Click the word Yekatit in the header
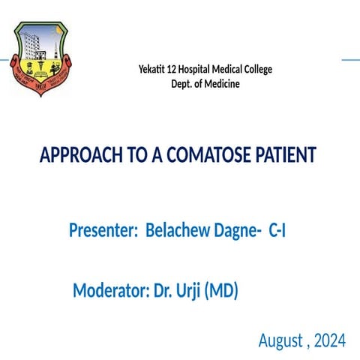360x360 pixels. (x=154, y=70)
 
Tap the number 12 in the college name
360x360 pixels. (x=178, y=70)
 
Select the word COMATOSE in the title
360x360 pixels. (x=211, y=155)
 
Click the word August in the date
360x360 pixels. (x=280, y=341)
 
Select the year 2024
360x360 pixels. (x=329, y=341)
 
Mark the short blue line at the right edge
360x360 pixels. (x=350, y=59)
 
